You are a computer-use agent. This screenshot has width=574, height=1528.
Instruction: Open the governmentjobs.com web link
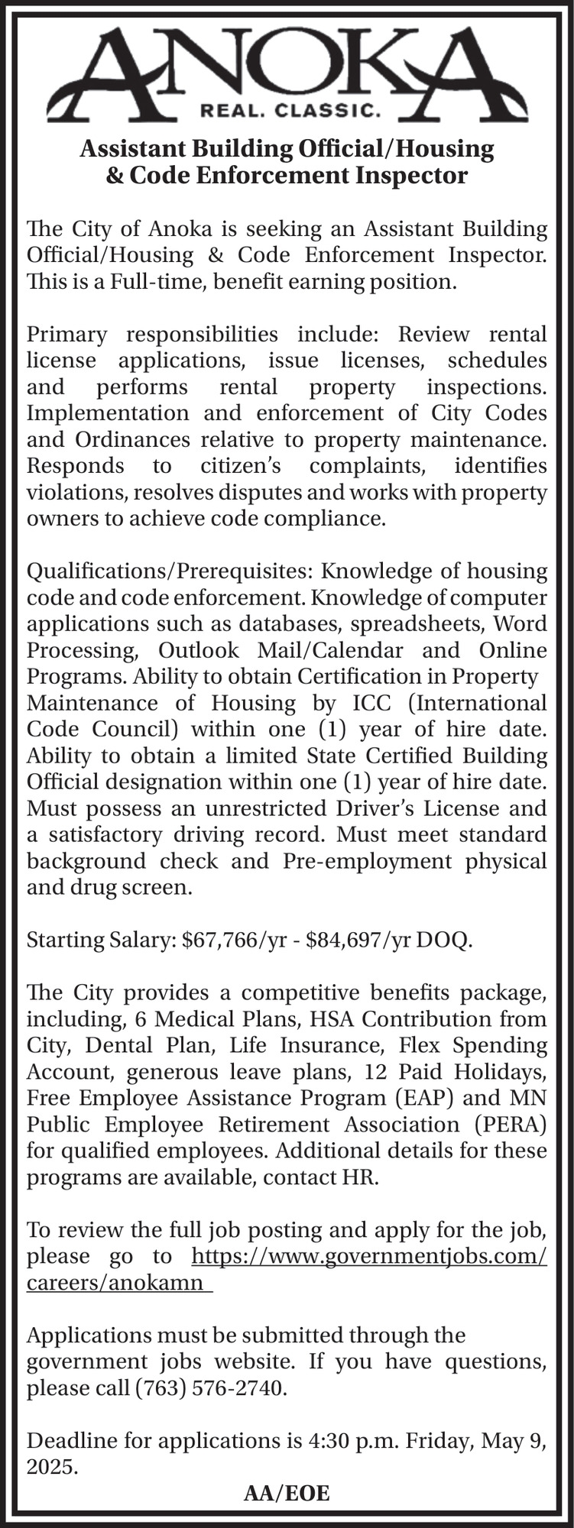pos(368,1256)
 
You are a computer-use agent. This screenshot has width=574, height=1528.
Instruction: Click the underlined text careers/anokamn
pos(116,1282)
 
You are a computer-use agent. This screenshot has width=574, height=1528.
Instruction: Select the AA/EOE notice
pos(287,1494)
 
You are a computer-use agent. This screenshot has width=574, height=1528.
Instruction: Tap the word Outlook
pos(200,650)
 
